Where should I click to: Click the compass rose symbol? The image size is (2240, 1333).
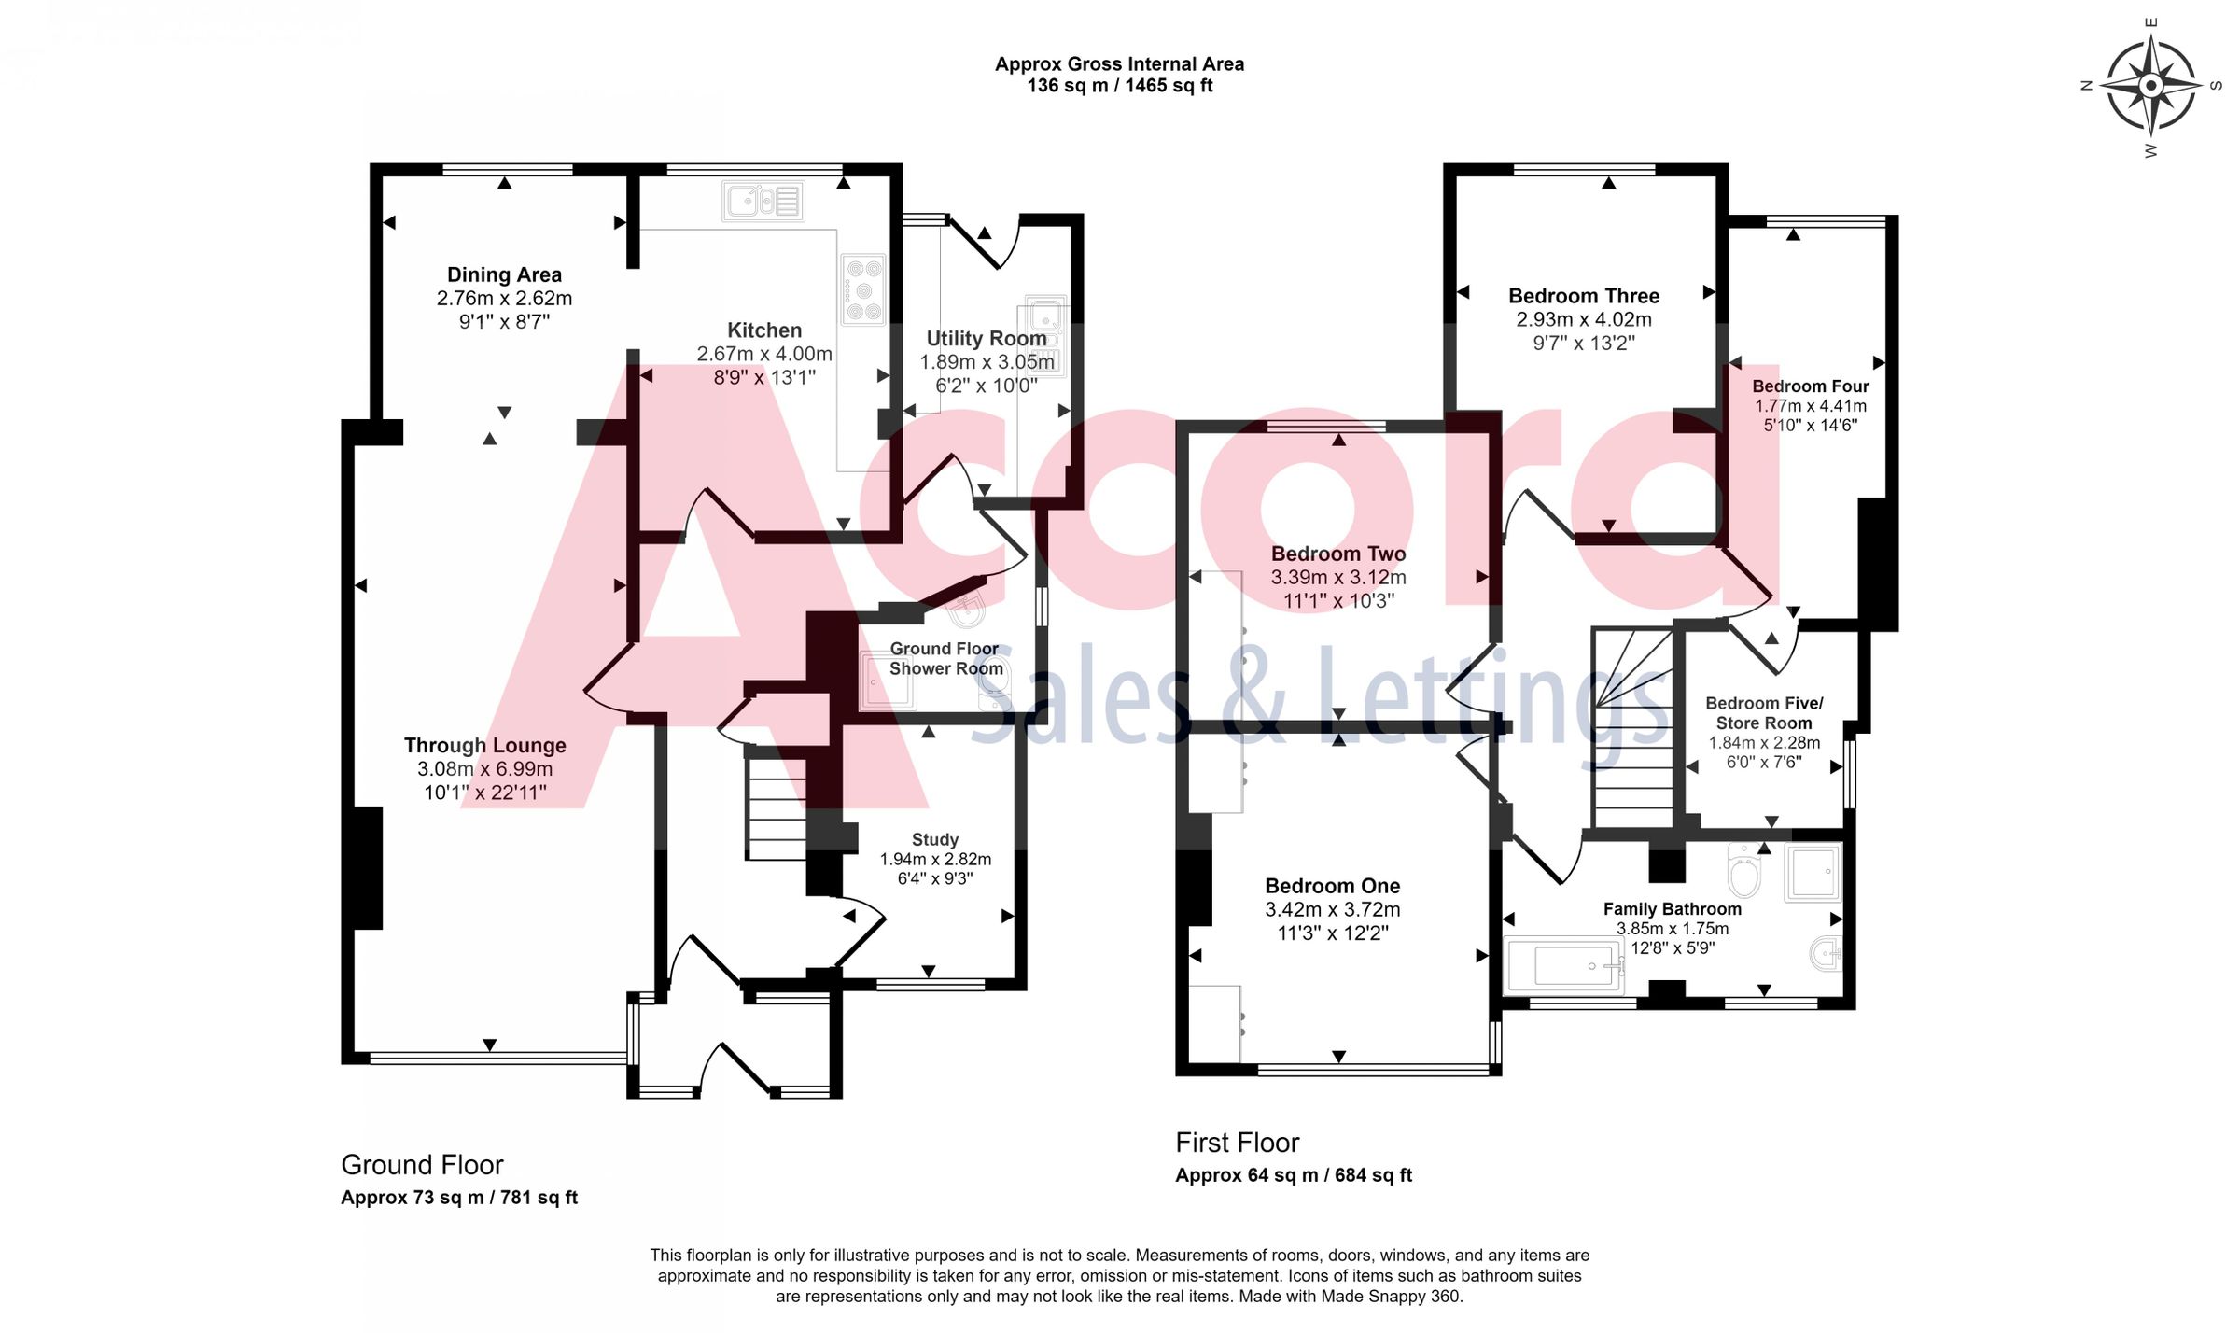coord(2150,86)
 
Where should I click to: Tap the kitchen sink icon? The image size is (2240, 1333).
coord(763,201)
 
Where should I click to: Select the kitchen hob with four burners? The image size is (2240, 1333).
coord(862,289)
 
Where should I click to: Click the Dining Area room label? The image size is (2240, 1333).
coord(504,274)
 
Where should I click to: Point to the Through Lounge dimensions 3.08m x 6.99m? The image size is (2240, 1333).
coord(484,769)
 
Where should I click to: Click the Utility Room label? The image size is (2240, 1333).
coord(986,339)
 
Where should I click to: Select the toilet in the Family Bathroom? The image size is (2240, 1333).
coord(1743,873)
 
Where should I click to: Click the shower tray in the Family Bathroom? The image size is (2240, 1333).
coord(1813,873)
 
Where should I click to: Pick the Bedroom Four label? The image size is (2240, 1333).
coord(1810,386)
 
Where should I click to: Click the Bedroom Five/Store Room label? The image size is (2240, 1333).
coord(1763,713)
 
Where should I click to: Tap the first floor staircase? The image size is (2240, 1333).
coord(1633,728)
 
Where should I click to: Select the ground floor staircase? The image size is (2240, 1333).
coord(776,807)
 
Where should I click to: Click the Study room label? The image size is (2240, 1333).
coord(934,839)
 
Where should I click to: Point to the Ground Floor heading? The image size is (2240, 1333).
coord(422,1165)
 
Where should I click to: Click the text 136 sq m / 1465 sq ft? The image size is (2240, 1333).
coord(1119,86)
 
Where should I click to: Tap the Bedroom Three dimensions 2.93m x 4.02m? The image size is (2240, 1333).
coord(1583,319)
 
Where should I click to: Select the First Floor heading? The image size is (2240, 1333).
coord(1237,1143)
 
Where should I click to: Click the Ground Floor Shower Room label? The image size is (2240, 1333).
coord(945,658)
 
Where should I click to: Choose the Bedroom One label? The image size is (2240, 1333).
coord(1332,886)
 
